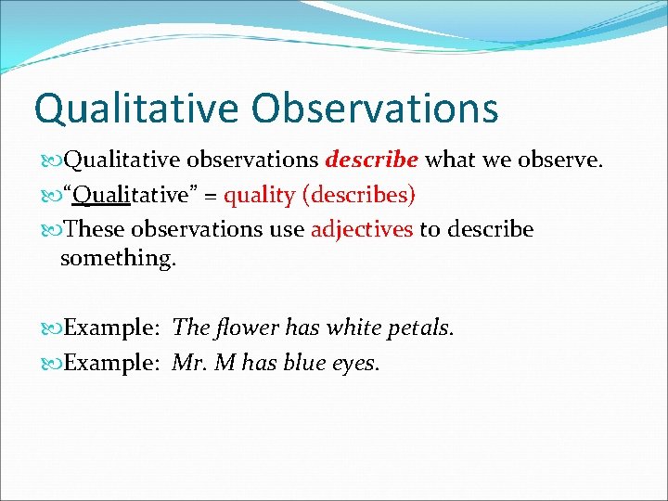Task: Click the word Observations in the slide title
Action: tap(376, 108)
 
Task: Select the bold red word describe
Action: tap(371, 161)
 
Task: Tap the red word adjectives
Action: tap(362, 228)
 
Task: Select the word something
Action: tap(117, 259)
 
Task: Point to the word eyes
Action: tap(355, 364)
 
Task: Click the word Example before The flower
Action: tap(111, 328)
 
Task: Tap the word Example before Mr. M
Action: tap(111, 363)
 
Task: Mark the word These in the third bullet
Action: tap(96, 228)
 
